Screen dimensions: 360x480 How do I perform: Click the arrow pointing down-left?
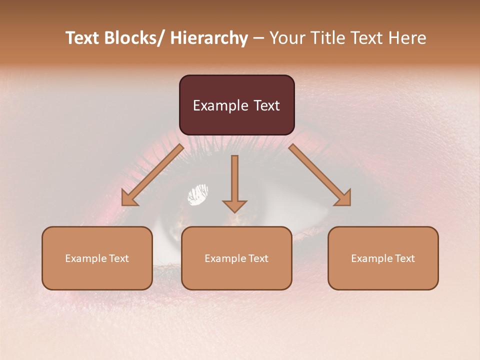tap(152, 175)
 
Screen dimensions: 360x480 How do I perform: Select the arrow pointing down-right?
tap(320, 175)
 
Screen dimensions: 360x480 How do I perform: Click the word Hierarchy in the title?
tap(209, 38)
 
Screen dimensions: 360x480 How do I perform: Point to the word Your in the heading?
tap(286, 38)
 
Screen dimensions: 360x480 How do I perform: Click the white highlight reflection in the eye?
tap(198, 194)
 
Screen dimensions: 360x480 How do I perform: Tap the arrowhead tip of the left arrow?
tap(124, 203)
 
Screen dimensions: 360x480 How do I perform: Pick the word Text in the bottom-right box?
tap(404, 258)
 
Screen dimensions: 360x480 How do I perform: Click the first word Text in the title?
tap(82, 38)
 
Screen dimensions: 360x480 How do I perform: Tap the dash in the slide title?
tap(259, 39)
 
